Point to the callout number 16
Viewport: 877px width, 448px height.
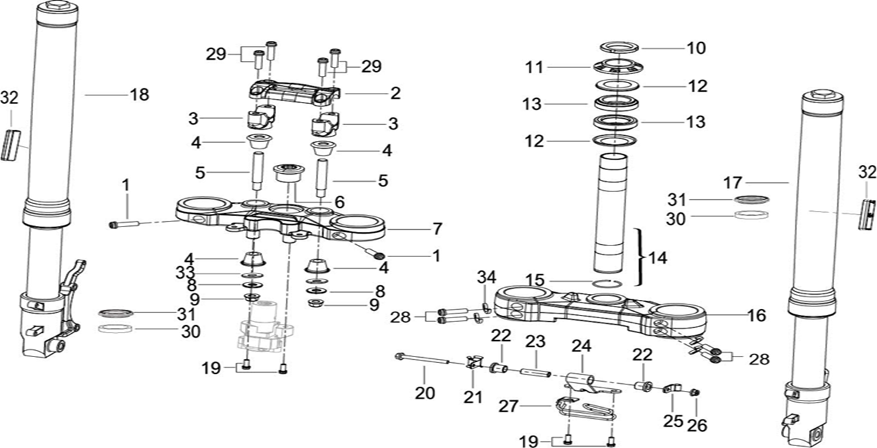coord(756,316)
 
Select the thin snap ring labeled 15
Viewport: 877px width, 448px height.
coord(609,281)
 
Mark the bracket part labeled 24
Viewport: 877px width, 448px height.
coord(583,379)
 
